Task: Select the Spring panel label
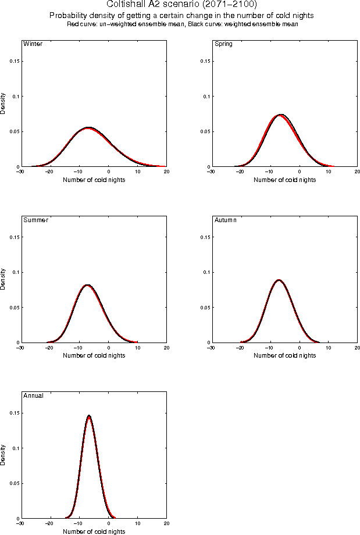coord(223,44)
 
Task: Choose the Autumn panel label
coord(226,220)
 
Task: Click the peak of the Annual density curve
coord(89,416)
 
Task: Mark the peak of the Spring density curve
coord(281,115)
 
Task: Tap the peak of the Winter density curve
coord(88,127)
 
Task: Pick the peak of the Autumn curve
coord(279,280)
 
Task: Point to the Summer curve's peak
coord(88,285)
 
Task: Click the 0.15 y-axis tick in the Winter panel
coord(13,61)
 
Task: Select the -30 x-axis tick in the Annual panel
coord(20,523)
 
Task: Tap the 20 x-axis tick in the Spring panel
coord(357,171)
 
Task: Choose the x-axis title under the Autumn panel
coord(284,356)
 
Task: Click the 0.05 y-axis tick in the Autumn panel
coord(204,308)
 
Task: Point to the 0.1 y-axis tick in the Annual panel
coord(15,448)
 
